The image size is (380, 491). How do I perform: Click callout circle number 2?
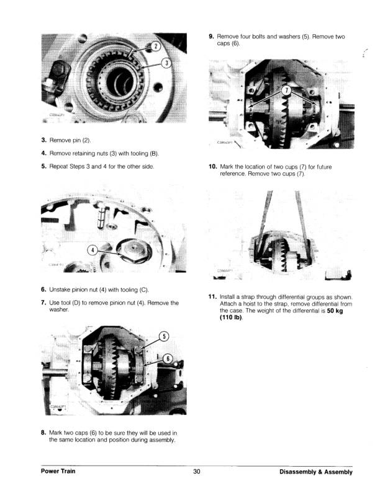tap(156, 46)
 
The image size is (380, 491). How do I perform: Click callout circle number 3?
tap(166, 62)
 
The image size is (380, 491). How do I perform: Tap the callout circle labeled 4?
tap(93, 250)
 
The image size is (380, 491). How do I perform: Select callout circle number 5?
tap(164, 336)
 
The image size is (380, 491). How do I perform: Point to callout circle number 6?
tap(167, 360)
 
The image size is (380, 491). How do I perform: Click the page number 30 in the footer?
tap(196, 472)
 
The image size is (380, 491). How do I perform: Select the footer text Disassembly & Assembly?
tap(316, 472)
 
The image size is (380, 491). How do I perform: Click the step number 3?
tap(43, 141)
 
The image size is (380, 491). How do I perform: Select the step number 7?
tap(43, 303)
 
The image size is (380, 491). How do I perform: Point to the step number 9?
tap(212, 37)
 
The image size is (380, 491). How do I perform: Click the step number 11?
tap(212, 296)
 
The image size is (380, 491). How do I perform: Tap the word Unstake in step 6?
tap(61, 290)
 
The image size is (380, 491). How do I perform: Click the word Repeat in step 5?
tap(60, 166)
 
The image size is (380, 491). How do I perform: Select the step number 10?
tap(212, 167)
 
